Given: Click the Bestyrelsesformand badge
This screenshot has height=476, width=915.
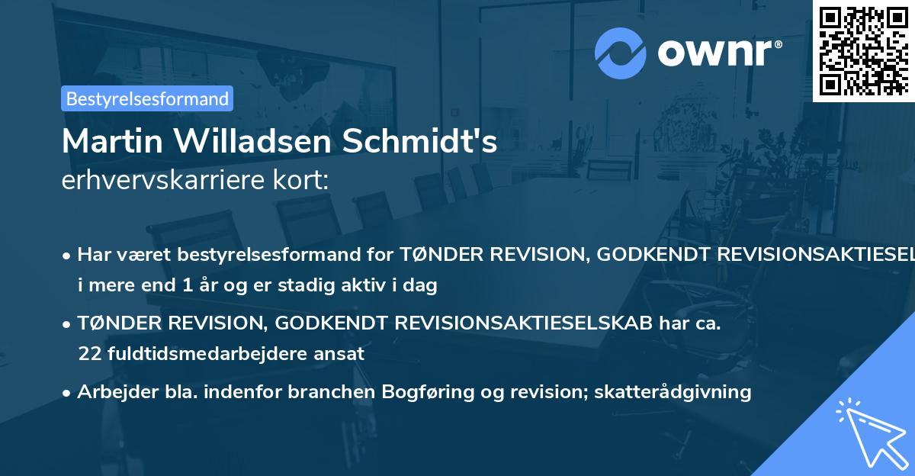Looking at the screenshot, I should (147, 98).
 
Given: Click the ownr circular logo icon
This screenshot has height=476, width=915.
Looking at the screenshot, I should (621, 53).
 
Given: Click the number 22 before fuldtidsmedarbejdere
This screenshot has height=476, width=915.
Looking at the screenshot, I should (89, 354).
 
